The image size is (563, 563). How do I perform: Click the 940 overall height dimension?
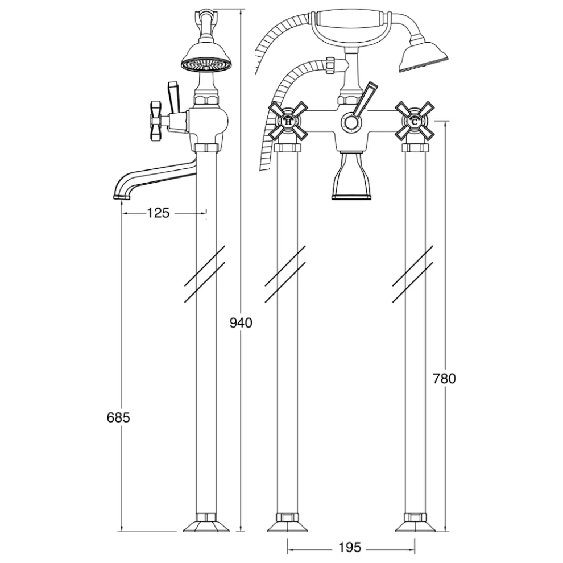click(241, 323)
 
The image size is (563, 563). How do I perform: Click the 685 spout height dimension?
click(118, 417)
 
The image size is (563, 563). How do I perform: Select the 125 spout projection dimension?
click(158, 213)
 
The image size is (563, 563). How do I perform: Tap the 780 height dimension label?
click(444, 378)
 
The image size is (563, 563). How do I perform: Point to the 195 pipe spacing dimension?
click(350, 548)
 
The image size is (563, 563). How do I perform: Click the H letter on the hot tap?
click(288, 122)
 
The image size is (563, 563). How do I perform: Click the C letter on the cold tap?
click(415, 122)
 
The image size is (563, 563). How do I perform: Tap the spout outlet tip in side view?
click(121, 197)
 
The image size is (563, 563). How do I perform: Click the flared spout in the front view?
click(351, 176)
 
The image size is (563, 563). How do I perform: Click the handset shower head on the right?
click(424, 57)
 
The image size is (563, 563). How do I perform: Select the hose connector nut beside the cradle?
click(330, 65)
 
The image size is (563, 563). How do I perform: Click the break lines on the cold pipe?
click(412, 274)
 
